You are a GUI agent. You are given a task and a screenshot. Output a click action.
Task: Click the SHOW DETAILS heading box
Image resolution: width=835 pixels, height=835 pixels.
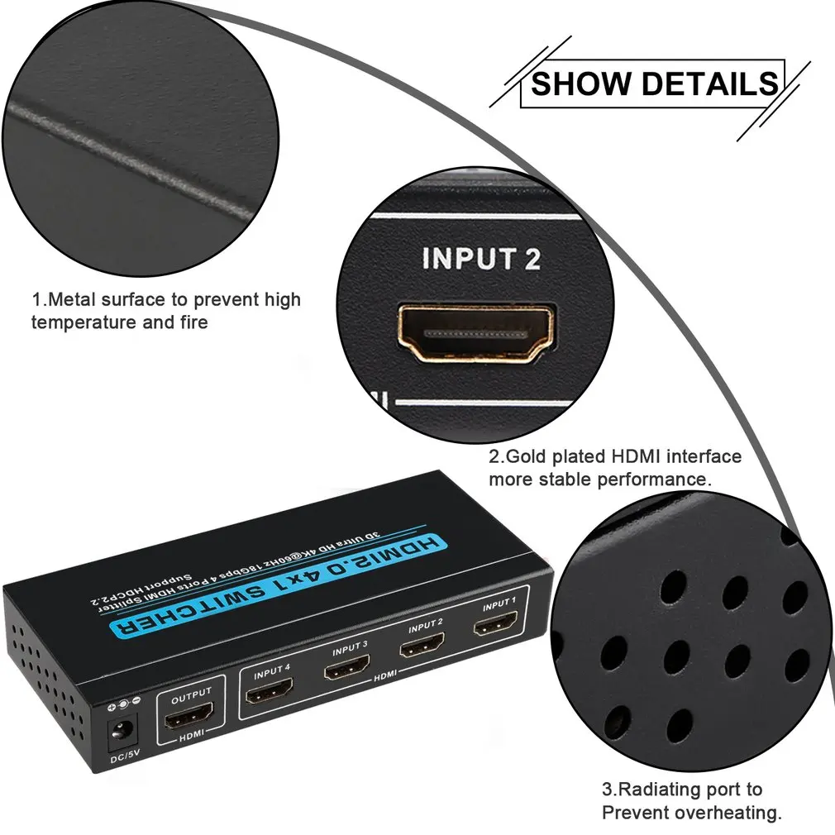pos(652,84)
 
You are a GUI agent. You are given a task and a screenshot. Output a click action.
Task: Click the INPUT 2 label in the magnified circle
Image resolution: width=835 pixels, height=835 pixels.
pos(481,259)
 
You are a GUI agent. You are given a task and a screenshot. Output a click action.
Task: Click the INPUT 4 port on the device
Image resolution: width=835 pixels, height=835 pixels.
pos(269,689)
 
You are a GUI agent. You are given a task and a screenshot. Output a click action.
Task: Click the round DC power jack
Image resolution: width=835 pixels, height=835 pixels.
pos(123,730)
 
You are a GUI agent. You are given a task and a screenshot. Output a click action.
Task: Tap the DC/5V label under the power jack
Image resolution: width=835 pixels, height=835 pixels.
pos(123,759)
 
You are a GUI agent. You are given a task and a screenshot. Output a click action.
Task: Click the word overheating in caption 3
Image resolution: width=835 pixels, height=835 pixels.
pos(727,813)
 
